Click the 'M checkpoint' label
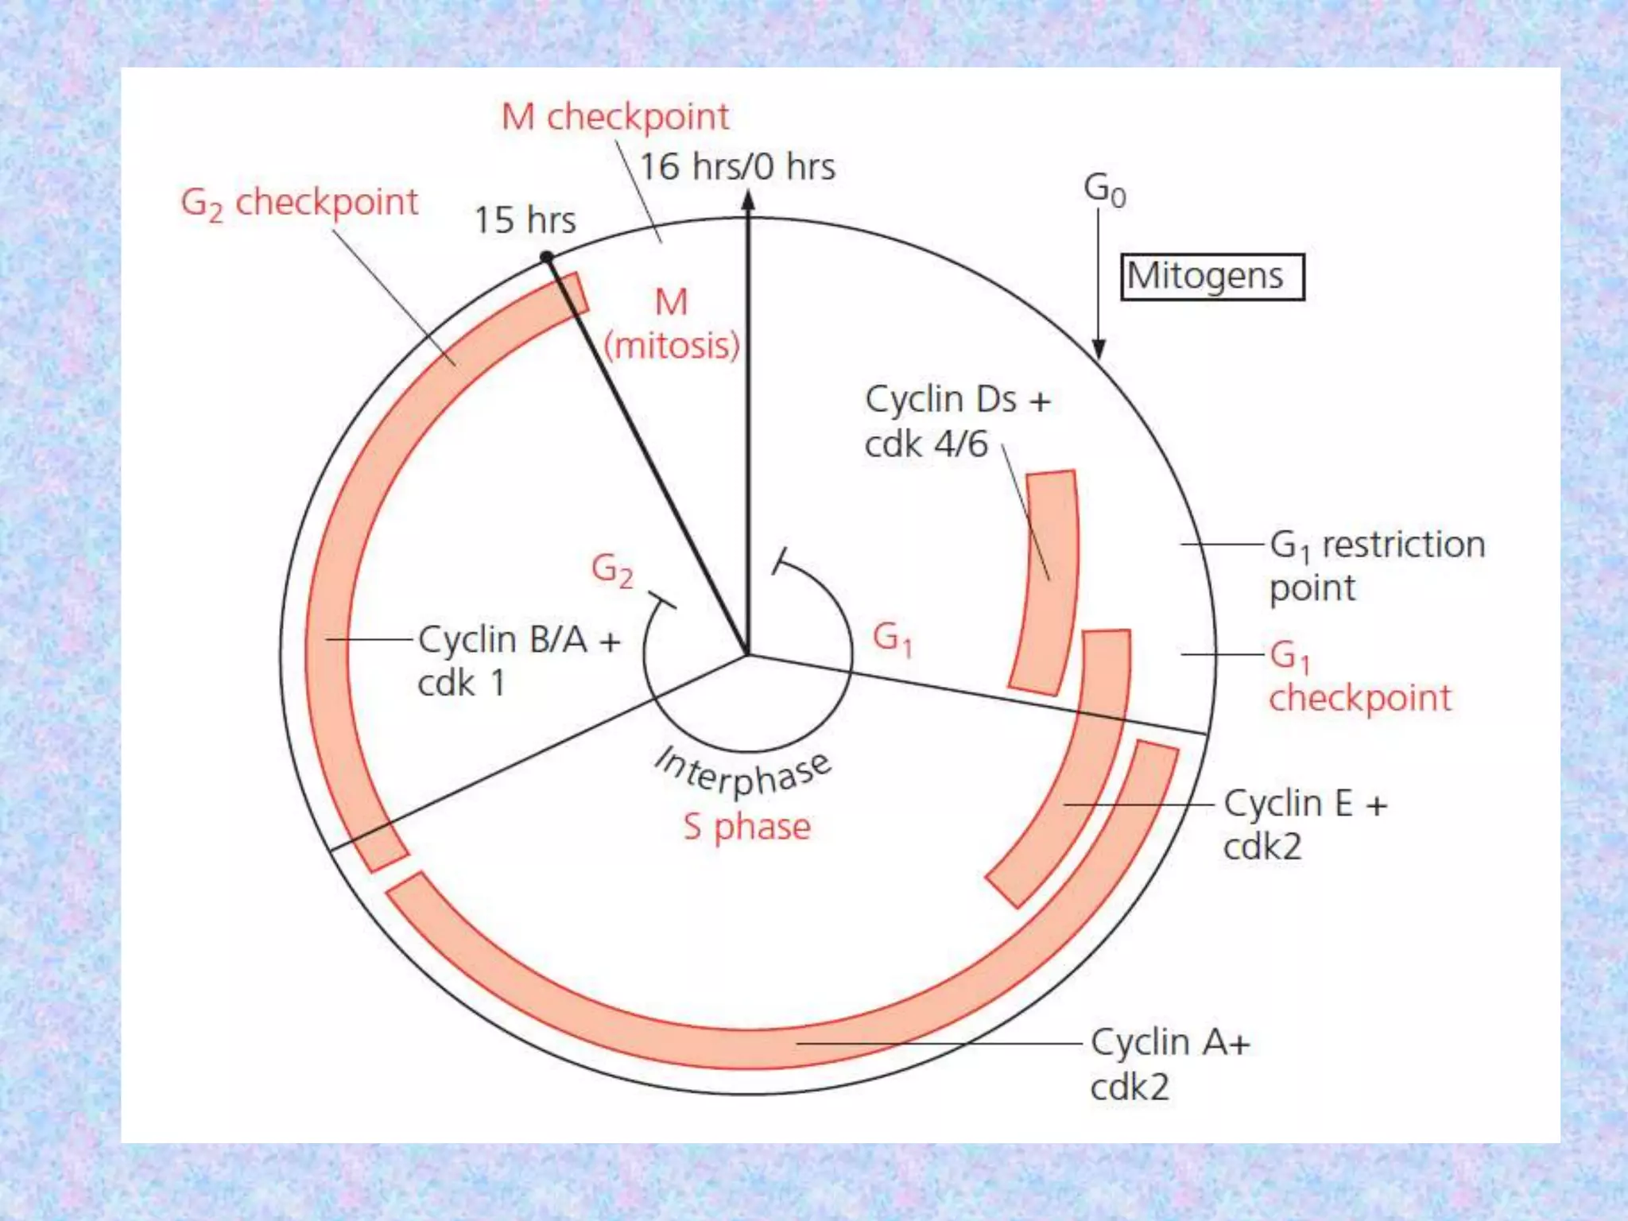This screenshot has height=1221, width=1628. [x=614, y=117]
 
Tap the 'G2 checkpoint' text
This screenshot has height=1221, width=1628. [x=299, y=203]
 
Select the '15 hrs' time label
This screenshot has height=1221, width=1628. [x=525, y=220]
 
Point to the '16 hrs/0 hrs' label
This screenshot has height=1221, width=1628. [x=738, y=167]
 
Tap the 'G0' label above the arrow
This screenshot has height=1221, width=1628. [x=1104, y=190]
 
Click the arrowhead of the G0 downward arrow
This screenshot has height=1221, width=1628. [x=1099, y=349]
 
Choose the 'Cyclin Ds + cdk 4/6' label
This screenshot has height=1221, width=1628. [x=957, y=421]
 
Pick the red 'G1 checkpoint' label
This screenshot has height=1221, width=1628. [x=1359, y=677]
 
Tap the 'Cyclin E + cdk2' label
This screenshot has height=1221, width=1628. [x=1304, y=824]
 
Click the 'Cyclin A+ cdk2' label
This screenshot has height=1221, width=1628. [x=1169, y=1064]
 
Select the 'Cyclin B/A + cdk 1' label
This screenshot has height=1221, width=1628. [x=518, y=661]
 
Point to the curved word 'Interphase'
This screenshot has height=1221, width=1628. [x=742, y=771]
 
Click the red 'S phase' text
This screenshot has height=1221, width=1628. [x=747, y=827]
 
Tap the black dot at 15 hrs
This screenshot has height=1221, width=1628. [x=547, y=257]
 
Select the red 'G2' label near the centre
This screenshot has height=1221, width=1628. [x=612, y=570]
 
